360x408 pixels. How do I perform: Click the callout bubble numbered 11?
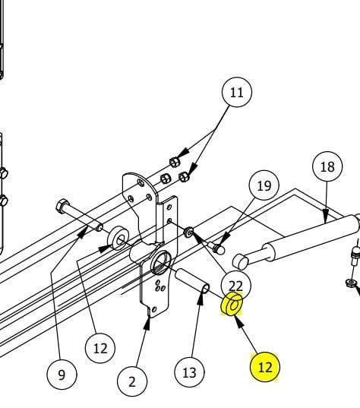(237, 92)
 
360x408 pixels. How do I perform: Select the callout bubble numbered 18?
(327, 166)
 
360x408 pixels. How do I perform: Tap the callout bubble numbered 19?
(264, 185)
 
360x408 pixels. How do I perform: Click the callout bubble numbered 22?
(236, 286)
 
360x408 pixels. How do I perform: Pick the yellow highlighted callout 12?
(265, 367)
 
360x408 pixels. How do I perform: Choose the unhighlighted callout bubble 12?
(100, 348)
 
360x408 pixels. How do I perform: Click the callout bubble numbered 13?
(189, 372)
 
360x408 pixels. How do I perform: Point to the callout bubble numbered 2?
(132, 381)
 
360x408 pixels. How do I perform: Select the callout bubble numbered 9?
(62, 374)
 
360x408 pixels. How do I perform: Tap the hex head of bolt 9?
(62, 206)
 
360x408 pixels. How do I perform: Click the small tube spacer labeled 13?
(192, 281)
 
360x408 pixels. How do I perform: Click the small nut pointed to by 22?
(188, 232)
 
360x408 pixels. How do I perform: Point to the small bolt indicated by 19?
(216, 248)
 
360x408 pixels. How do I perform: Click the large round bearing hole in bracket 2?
(161, 262)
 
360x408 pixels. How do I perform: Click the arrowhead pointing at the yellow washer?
(239, 321)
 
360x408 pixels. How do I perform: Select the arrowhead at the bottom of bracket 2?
(148, 324)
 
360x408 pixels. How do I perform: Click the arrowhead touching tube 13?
(201, 298)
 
